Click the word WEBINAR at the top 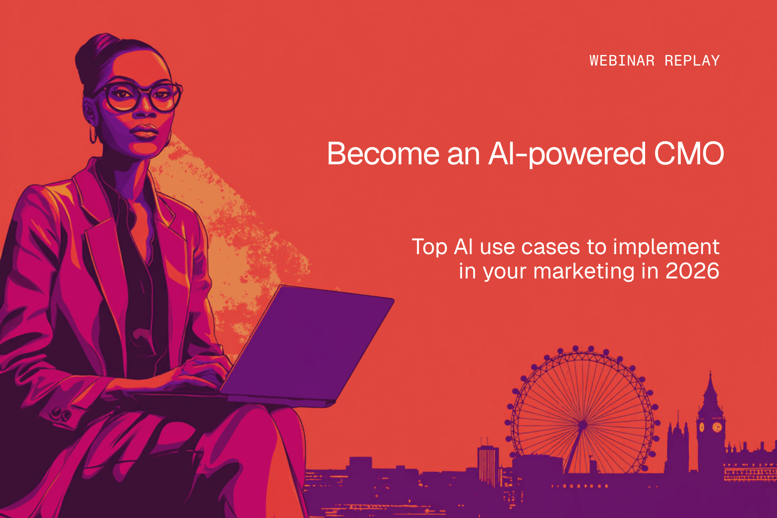tap(622, 61)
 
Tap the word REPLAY tap(692, 61)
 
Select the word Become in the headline tap(383, 154)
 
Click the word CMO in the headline tap(689, 154)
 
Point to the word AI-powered tap(567, 154)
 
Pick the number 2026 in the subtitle tap(692, 271)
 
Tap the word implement tap(666, 247)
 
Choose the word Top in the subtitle tap(429, 247)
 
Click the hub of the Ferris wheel tap(583, 425)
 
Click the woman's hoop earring tap(93, 135)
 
